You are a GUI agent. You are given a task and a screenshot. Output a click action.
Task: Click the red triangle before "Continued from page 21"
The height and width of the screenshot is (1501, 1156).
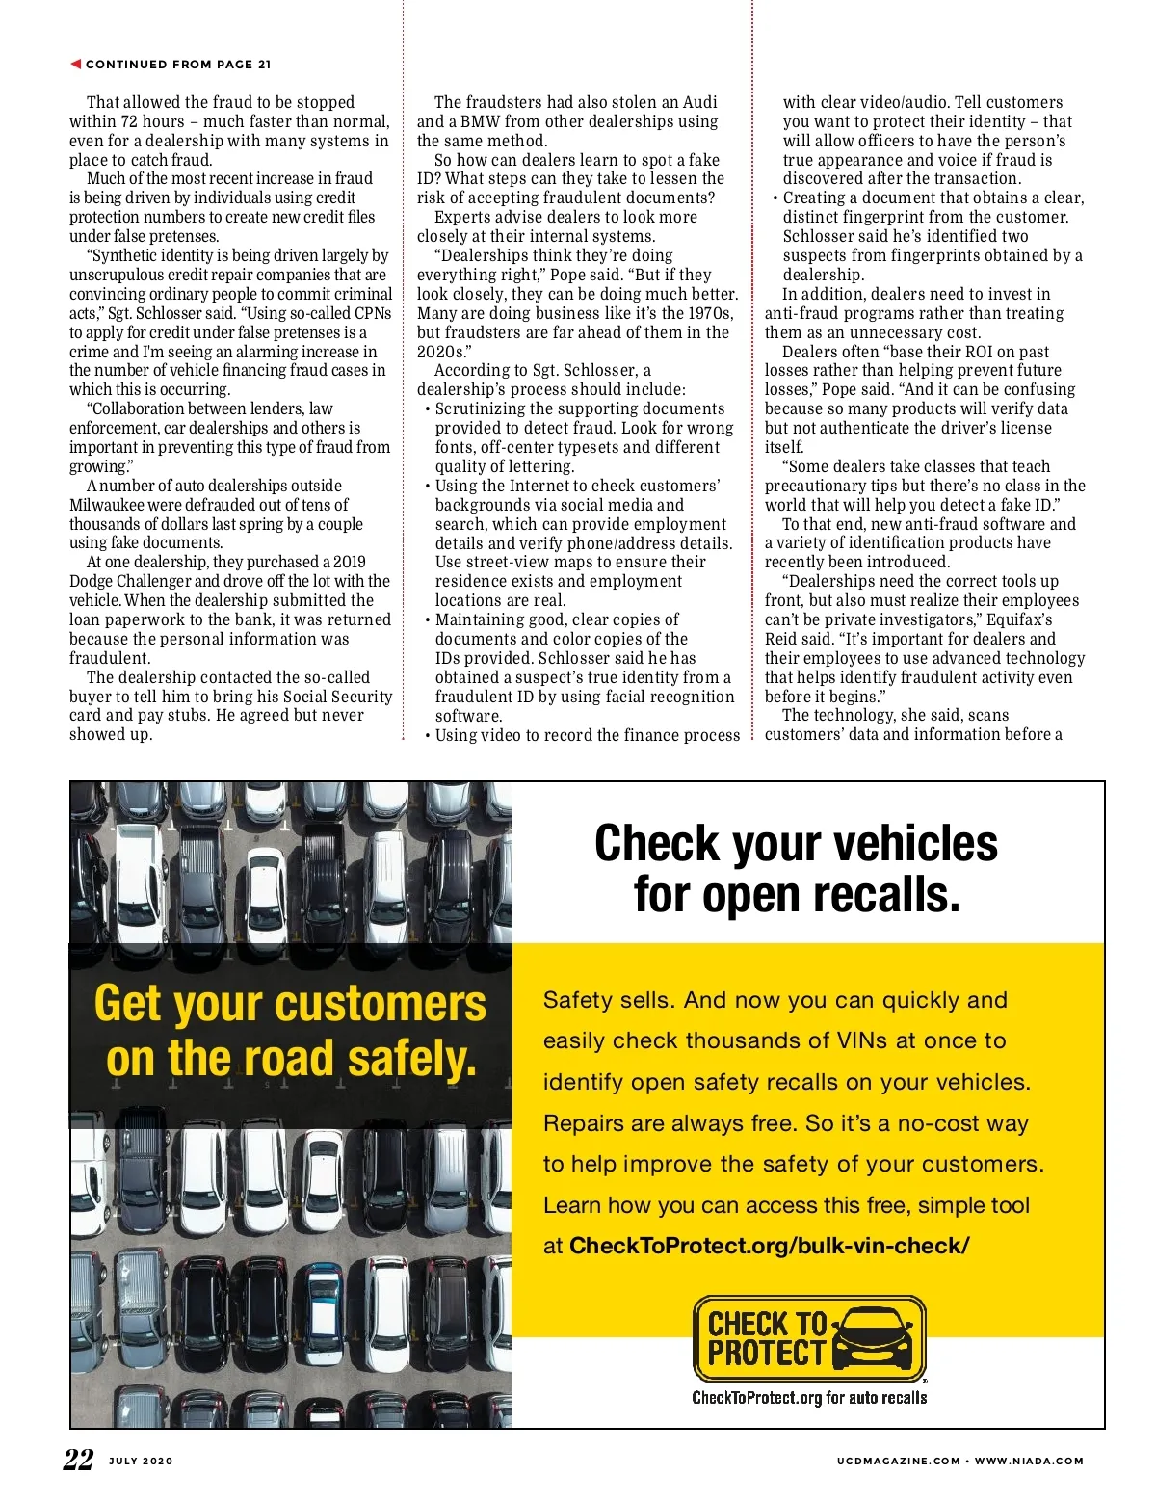pyautogui.click(x=75, y=64)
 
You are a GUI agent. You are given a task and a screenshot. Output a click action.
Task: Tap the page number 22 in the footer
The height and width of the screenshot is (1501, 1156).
pyautogui.click(x=79, y=1460)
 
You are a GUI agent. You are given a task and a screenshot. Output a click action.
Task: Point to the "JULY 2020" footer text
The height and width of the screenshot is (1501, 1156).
pyautogui.click(x=141, y=1461)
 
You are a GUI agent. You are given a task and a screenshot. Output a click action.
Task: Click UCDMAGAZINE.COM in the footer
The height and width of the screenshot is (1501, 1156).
pyautogui.click(x=898, y=1461)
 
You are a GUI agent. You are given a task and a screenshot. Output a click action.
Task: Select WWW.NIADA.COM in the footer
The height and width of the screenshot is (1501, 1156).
pyautogui.click(x=1029, y=1461)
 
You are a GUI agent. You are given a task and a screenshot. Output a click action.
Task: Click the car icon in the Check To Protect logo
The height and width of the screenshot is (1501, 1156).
pyautogui.click(x=873, y=1338)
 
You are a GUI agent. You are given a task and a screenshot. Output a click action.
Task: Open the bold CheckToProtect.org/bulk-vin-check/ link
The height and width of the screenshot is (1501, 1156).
pyautogui.click(x=769, y=1246)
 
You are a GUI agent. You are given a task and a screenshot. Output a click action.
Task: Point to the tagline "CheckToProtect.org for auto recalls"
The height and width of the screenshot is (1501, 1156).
pyautogui.click(x=809, y=1397)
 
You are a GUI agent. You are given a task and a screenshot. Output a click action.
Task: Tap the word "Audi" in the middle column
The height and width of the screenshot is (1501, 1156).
pyautogui.click(x=699, y=102)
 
